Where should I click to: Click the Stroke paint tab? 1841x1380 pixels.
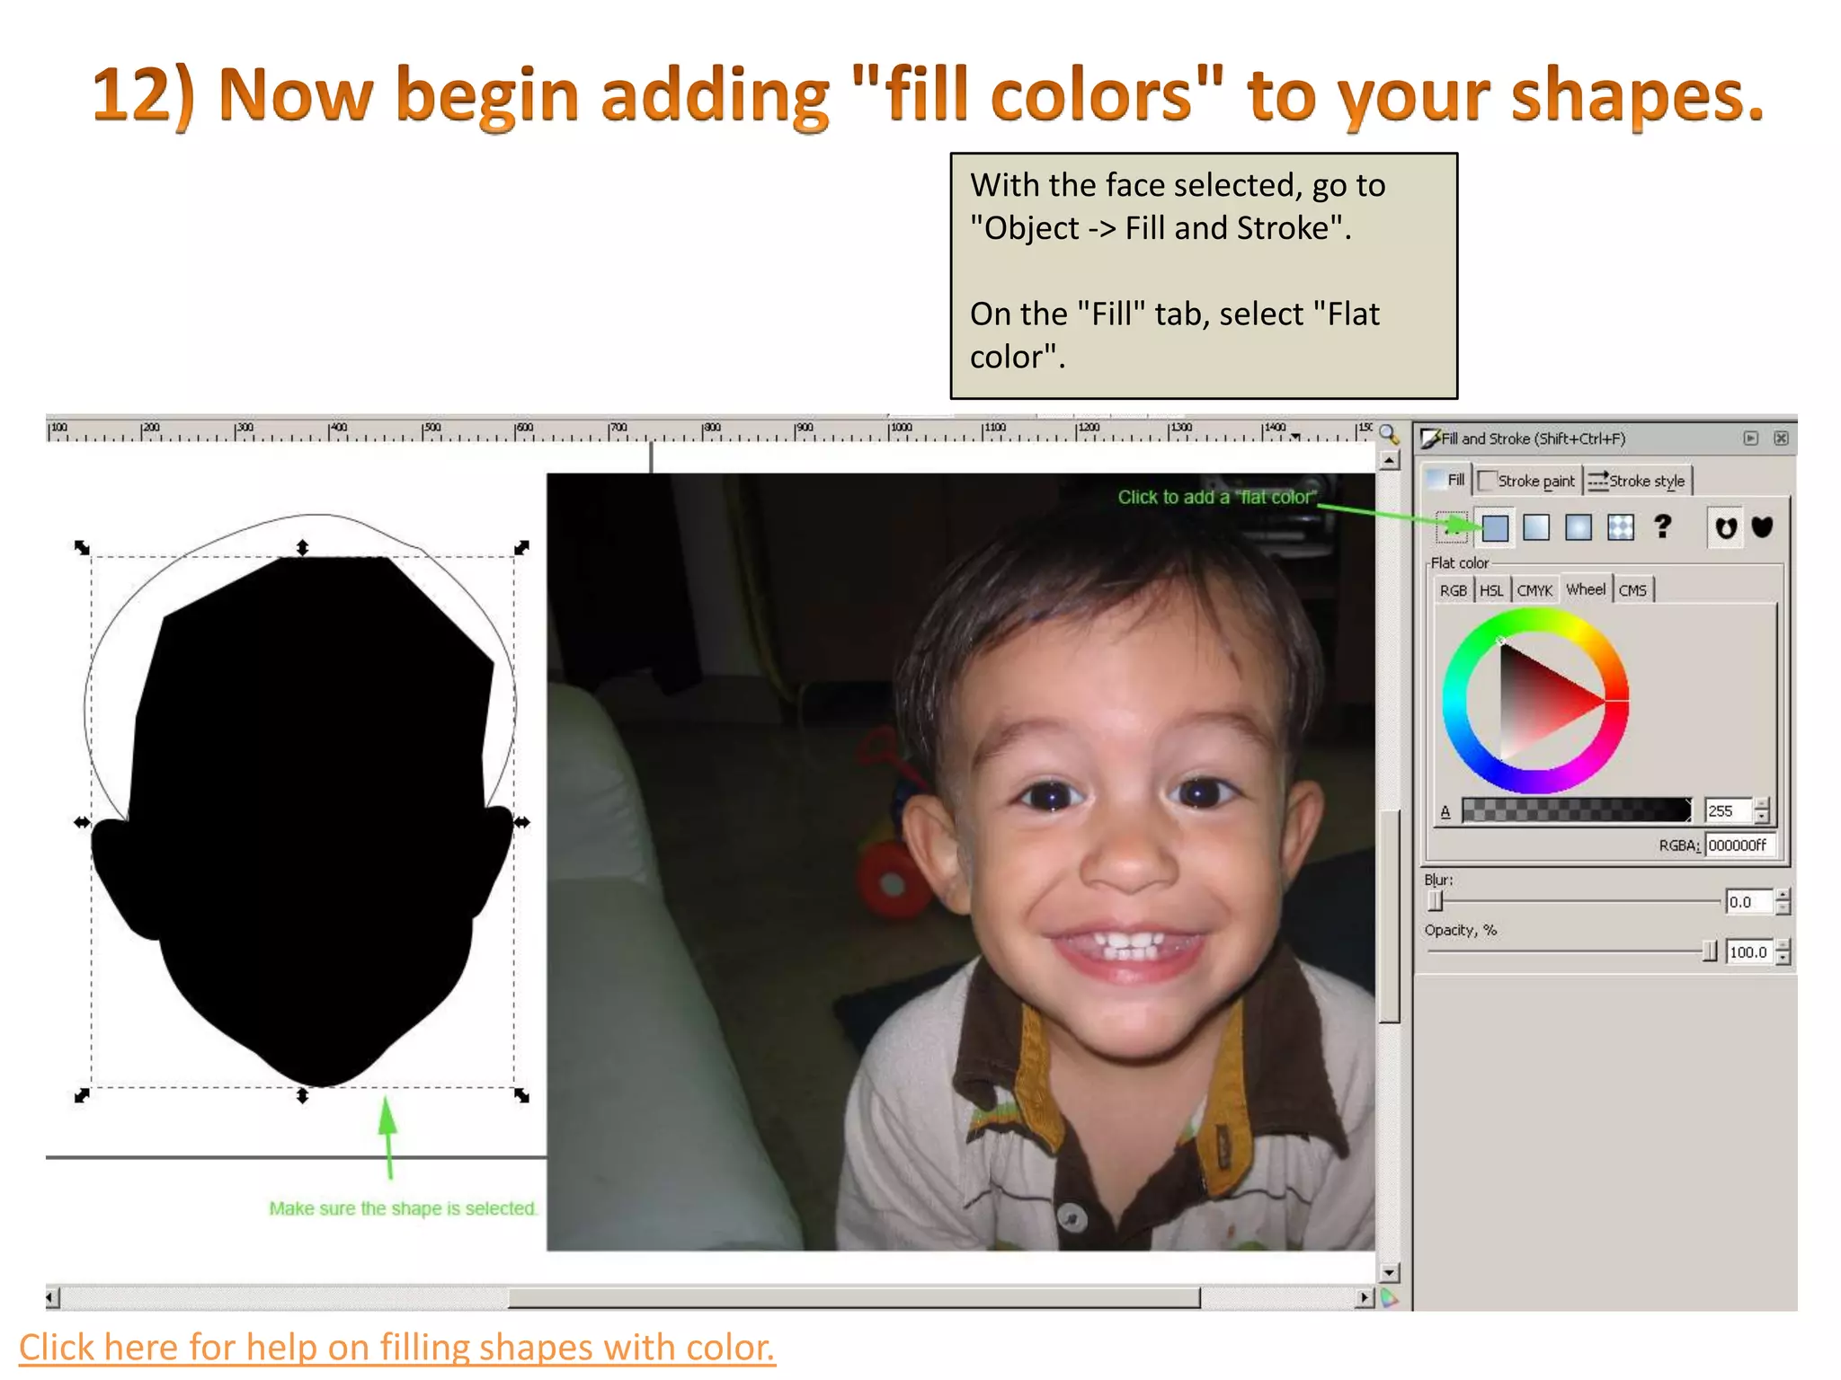click(x=1527, y=481)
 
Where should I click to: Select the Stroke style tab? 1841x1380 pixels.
click(x=1638, y=481)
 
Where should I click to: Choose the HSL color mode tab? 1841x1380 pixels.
click(x=1491, y=590)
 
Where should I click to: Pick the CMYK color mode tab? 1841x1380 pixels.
click(x=1534, y=590)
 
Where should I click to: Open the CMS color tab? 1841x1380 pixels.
click(x=1632, y=590)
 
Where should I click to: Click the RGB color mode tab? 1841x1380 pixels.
click(x=1453, y=590)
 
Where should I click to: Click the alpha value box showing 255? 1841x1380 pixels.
click(x=1727, y=810)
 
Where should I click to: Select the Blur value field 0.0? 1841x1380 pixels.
click(x=1747, y=902)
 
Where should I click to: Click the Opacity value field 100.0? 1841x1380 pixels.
click(x=1748, y=952)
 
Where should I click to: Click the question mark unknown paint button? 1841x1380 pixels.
click(x=1663, y=526)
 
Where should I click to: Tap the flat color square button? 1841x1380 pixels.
click(x=1495, y=527)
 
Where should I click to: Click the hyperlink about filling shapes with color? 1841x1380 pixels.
click(x=396, y=1348)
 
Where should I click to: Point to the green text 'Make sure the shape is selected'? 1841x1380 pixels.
click(x=403, y=1208)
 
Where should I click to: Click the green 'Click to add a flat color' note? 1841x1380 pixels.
click(x=1216, y=497)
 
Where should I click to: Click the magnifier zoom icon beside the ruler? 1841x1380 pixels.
click(x=1389, y=435)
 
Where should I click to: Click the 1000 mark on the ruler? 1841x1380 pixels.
click(x=900, y=429)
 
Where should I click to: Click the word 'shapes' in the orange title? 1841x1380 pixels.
click(x=1637, y=95)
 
